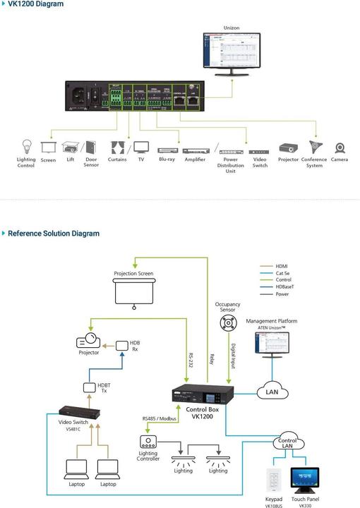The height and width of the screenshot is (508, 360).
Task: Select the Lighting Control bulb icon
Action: [26, 147]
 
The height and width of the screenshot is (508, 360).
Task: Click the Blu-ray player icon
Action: [166, 150]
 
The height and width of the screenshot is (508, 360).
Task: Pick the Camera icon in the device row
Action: [340, 149]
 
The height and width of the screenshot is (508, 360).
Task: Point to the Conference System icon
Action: [314, 147]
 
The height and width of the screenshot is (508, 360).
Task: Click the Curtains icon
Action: [117, 148]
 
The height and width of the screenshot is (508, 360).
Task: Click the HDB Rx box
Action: [123, 346]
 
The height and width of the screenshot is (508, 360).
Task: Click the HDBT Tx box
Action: [90, 387]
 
